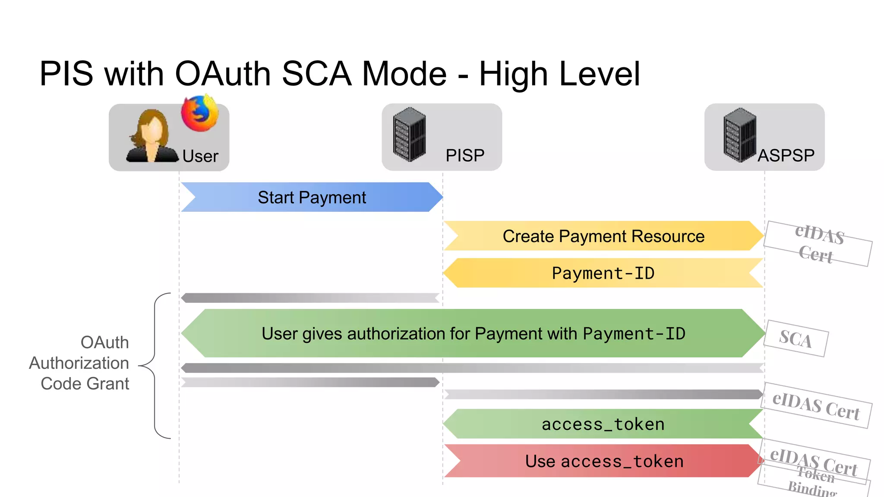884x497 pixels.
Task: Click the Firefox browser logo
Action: pos(199,113)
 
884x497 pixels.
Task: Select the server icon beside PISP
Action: pos(409,134)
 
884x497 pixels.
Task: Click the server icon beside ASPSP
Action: pos(740,135)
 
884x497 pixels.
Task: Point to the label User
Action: pos(200,156)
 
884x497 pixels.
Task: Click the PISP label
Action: pos(465,155)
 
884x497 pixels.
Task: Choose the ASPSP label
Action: pos(786,155)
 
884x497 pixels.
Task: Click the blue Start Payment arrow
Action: pos(312,197)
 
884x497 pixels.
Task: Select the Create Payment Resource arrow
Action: pos(603,236)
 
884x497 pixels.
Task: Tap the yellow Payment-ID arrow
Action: pos(603,273)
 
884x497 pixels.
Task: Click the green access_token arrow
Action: pos(603,424)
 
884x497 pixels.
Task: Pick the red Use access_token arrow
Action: pos(604,461)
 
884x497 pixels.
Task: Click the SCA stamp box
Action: pos(796,339)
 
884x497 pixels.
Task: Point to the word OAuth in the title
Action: pos(223,74)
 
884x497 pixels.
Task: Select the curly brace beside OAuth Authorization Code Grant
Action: pos(155,366)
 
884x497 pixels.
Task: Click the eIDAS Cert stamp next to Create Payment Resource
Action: pos(818,244)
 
